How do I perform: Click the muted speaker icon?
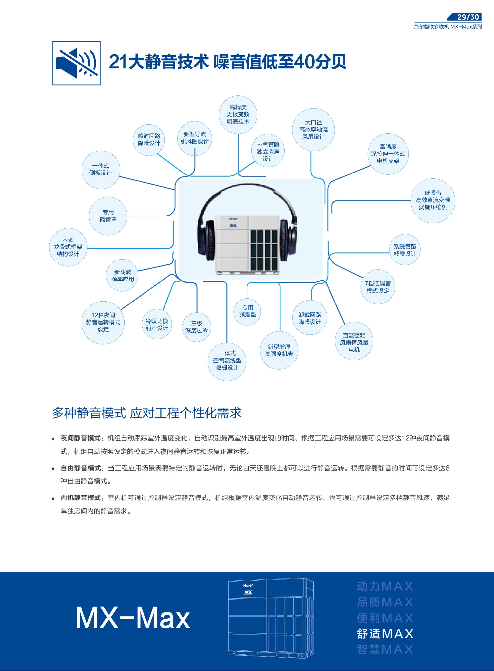tap(76, 63)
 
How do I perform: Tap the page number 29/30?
tap(468, 17)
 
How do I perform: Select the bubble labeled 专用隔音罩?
tap(108, 216)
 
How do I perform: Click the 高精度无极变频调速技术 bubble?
tap(238, 114)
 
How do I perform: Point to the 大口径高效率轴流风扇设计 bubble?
tap(313, 130)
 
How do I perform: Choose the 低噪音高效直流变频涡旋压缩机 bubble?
tap(433, 200)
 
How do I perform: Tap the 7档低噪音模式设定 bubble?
tap(378, 287)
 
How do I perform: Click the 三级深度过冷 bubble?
tap(196, 327)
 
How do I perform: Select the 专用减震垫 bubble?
tap(247, 311)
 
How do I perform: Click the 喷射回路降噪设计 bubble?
tap(149, 139)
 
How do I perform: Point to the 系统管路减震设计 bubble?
tap(405, 250)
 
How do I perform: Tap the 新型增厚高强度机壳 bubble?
tap(279, 350)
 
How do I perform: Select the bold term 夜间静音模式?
tap(81, 438)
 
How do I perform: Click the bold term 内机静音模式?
tap(81, 498)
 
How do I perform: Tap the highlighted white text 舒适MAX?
tap(385, 634)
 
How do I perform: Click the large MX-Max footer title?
tap(133, 618)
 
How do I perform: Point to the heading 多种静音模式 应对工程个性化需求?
tap(146, 413)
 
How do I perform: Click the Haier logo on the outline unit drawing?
tap(248, 585)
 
